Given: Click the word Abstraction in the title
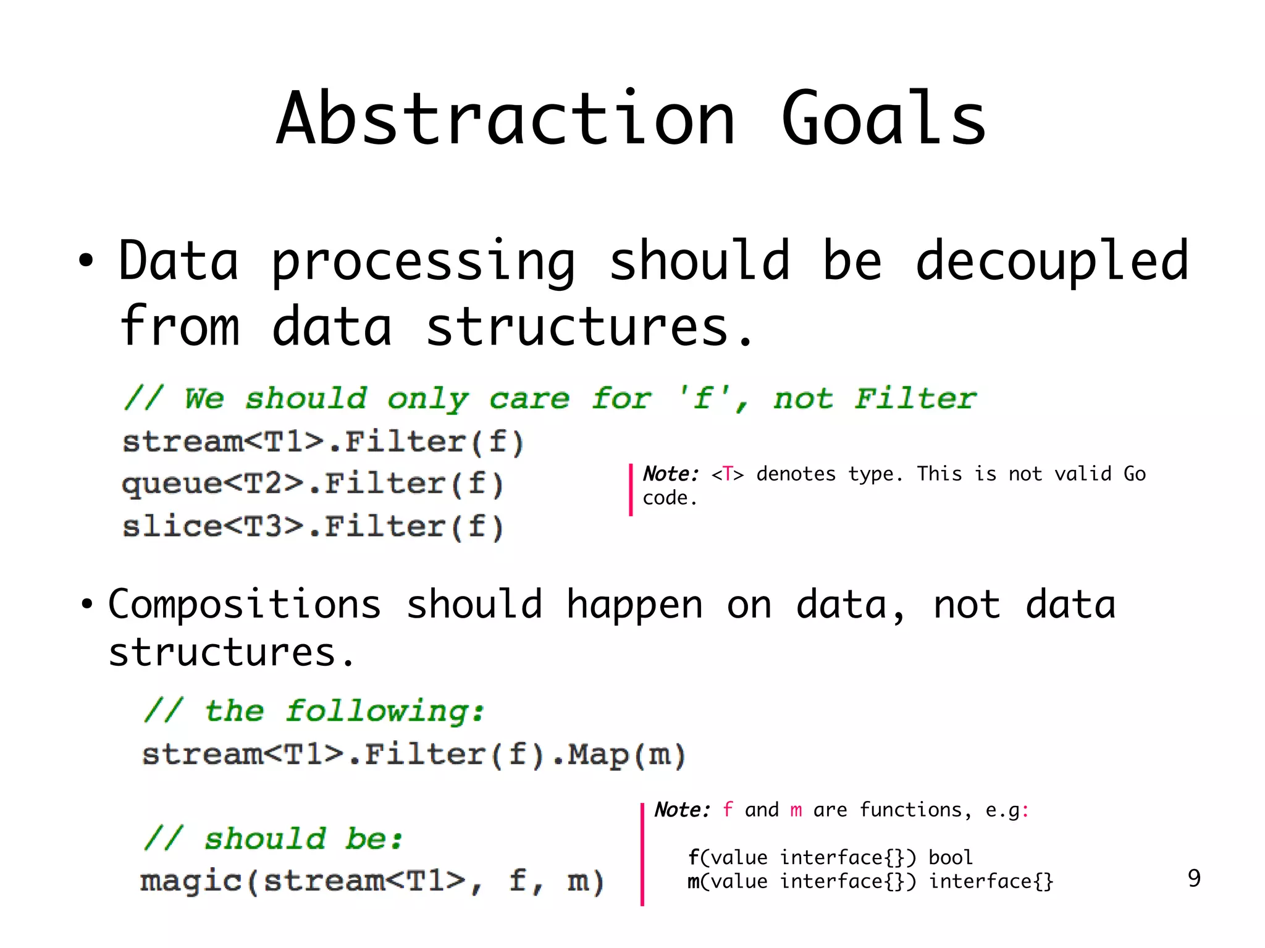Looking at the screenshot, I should (505, 119).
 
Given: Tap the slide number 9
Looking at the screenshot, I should (1194, 878).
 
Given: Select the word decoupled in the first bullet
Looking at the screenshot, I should (1052, 262).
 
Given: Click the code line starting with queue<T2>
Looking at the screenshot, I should (313, 484).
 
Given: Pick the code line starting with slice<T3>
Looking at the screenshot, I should (313, 527).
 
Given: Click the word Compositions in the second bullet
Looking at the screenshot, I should (245, 605).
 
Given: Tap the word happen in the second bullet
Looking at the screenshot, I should (634, 605).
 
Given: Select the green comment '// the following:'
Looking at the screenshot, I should (314, 711).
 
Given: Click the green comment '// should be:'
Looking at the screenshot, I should (273, 839).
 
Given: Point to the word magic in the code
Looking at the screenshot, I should (190, 881).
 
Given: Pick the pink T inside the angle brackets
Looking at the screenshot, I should (728, 474).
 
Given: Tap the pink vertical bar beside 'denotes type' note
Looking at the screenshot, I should (631, 489).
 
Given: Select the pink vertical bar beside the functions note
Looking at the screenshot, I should (642, 854).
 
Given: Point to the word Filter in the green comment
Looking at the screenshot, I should (915, 399).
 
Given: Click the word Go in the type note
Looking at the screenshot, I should (1134, 474).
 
